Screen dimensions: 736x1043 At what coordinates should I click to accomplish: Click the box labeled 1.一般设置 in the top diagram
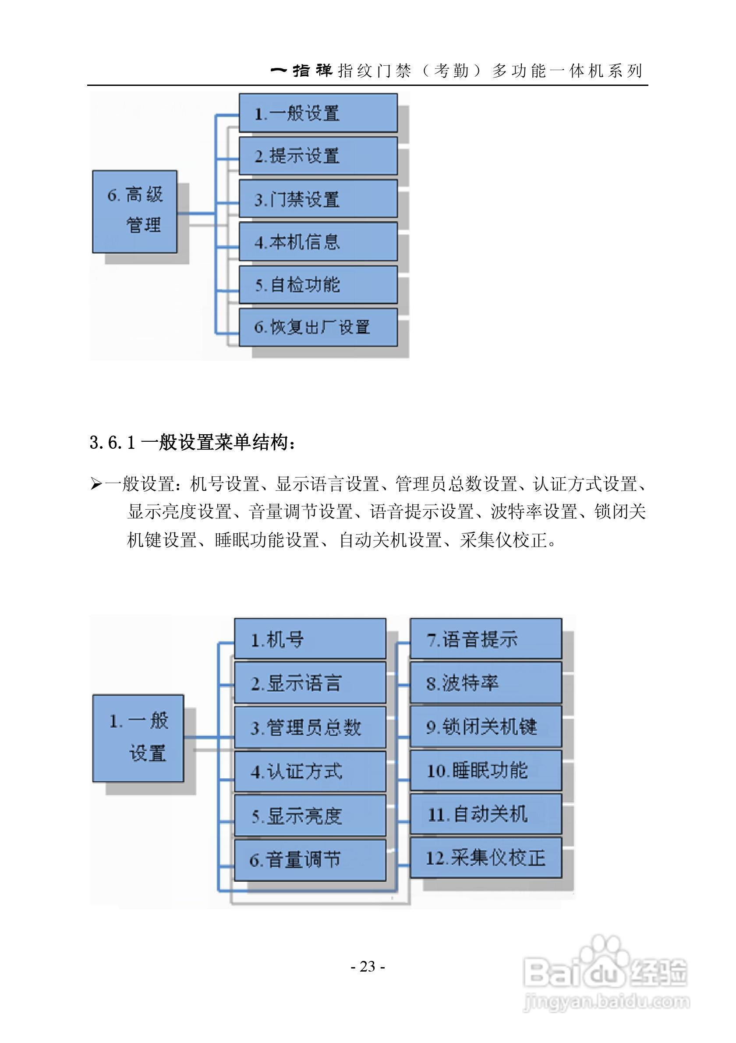point(318,113)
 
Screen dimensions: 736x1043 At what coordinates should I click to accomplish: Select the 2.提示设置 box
point(318,156)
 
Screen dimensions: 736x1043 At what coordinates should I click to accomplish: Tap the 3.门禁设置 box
point(318,199)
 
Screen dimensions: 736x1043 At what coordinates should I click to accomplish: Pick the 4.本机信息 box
point(318,241)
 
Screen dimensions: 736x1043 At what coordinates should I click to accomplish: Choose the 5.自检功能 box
point(318,285)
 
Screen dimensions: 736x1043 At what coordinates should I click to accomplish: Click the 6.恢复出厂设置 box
point(318,327)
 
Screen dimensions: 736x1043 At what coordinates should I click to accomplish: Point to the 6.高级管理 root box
point(135,211)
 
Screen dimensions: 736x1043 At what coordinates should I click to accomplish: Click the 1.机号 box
point(310,639)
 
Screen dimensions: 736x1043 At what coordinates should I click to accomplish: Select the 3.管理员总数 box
point(310,727)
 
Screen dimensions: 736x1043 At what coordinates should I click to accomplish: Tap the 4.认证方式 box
point(310,771)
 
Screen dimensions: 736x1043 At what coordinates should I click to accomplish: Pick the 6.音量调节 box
point(310,859)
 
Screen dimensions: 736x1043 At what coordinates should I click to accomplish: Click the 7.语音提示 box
point(485,639)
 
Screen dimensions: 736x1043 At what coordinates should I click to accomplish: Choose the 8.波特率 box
point(485,683)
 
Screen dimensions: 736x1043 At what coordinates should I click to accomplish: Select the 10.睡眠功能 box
point(485,770)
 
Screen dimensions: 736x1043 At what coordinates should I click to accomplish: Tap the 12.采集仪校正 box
point(485,858)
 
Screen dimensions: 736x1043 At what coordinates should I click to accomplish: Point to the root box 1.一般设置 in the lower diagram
point(138,738)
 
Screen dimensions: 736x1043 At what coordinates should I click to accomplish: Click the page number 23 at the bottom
point(367,966)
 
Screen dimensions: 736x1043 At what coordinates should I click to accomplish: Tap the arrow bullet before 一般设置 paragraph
point(96,484)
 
